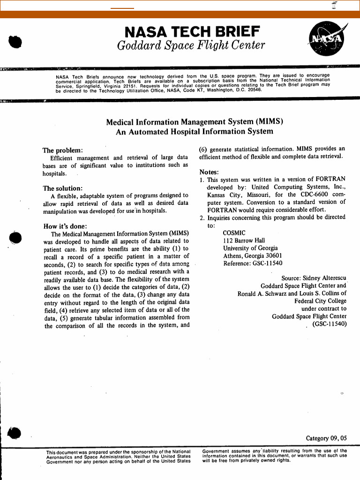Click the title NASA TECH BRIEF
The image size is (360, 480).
click(192, 31)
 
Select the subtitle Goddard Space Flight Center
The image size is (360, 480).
click(191, 45)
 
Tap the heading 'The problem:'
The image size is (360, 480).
click(63, 150)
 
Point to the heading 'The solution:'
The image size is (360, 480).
click(63, 188)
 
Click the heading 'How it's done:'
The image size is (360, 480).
click(65, 226)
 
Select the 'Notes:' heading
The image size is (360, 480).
click(209, 172)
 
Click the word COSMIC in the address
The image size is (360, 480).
click(234, 233)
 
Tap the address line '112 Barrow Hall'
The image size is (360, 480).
click(244, 240)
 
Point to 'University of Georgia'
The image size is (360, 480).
click(250, 248)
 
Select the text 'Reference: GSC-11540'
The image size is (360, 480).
click(253, 263)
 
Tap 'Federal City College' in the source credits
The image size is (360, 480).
click(320, 301)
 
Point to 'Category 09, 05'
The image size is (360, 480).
click(326, 438)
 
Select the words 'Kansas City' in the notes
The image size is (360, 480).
click(224, 195)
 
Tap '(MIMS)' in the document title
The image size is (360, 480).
click(269, 122)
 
